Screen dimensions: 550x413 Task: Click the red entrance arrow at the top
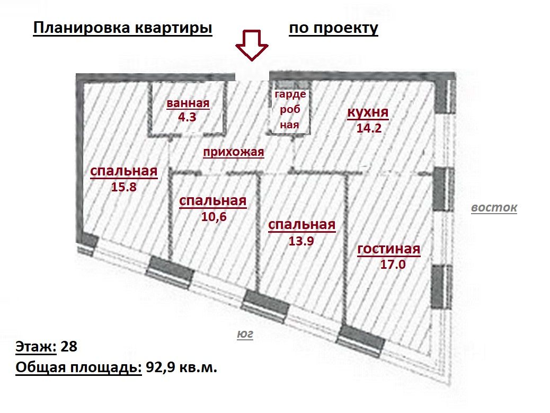click(252, 46)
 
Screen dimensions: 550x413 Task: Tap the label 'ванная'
click(188, 103)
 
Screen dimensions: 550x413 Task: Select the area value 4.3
click(188, 117)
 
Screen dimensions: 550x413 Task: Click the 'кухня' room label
click(368, 112)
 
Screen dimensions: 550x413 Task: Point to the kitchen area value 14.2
click(369, 128)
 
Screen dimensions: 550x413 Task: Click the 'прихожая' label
click(234, 152)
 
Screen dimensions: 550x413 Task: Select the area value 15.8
click(124, 187)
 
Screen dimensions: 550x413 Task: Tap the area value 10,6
click(214, 216)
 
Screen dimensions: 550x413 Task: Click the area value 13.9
click(301, 241)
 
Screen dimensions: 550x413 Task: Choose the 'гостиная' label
click(388, 249)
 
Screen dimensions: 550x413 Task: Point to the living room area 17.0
click(393, 264)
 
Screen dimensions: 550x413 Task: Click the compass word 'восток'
click(494, 207)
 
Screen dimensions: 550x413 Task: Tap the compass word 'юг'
click(245, 335)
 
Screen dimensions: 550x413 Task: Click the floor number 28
click(69, 346)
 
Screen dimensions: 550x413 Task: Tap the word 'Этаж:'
click(36, 346)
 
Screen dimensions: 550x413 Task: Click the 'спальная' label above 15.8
click(124, 171)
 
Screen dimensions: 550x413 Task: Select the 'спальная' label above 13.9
click(301, 225)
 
